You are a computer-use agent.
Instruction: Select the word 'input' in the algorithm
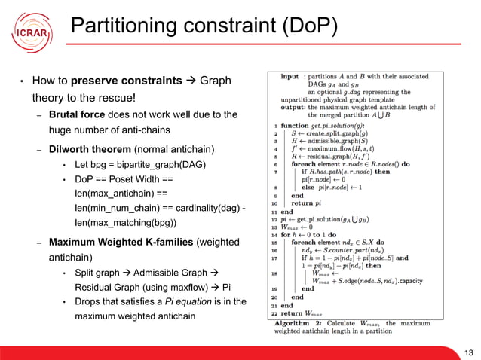point(290,77)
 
